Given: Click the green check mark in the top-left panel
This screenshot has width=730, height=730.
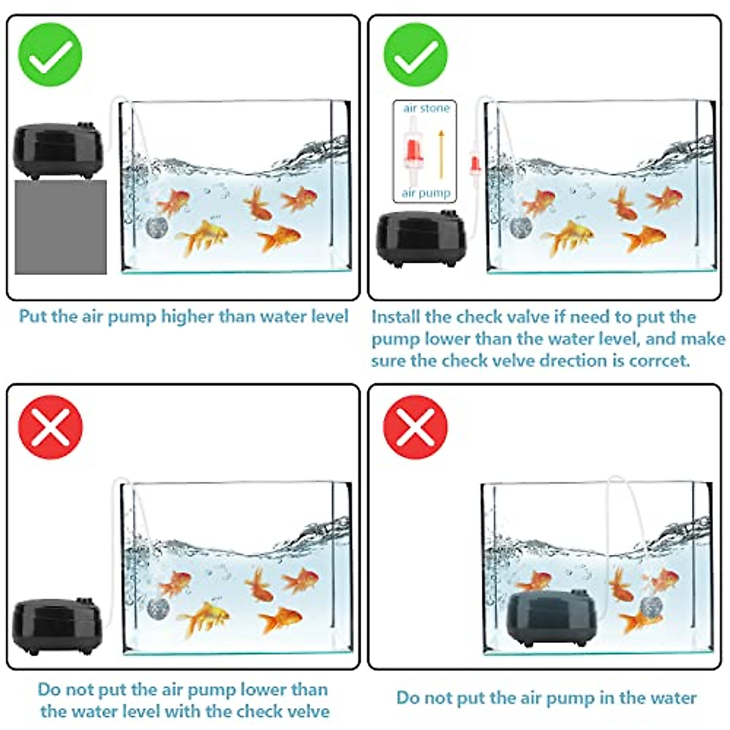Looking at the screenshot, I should [50, 55].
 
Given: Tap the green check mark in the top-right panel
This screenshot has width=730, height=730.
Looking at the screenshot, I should [415, 55].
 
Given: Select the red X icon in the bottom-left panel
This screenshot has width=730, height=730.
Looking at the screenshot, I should [50, 427].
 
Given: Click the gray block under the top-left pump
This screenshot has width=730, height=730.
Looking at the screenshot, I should [60, 226].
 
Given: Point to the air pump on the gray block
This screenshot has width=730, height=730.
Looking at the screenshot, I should [58, 150].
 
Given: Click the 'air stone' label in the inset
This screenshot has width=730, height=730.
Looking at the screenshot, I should [426, 108].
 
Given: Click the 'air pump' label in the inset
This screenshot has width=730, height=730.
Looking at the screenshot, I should [426, 193].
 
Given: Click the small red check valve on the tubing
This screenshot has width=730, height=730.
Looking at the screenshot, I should [474, 163].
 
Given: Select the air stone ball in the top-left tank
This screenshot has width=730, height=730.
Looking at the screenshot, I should [155, 227].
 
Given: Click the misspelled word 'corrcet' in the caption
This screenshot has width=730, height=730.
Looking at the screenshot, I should [659, 361].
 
